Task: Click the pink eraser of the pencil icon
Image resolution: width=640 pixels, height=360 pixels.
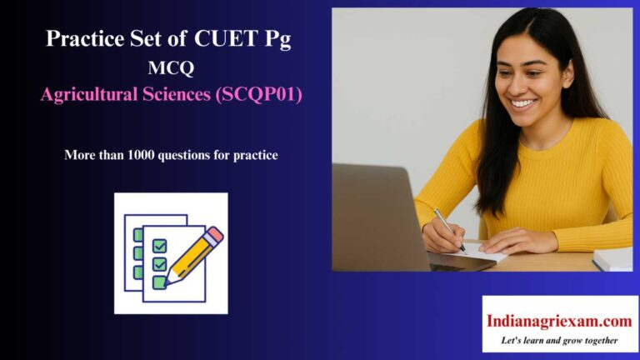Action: tap(215, 234)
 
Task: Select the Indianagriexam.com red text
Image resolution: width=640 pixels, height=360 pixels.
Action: tap(559, 320)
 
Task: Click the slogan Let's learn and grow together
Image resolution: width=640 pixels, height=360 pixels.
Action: tap(559, 340)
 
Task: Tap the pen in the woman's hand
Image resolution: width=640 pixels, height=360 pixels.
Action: tap(449, 230)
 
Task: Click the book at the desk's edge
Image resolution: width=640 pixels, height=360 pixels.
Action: tap(613, 259)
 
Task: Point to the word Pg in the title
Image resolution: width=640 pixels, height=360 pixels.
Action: tap(280, 39)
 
